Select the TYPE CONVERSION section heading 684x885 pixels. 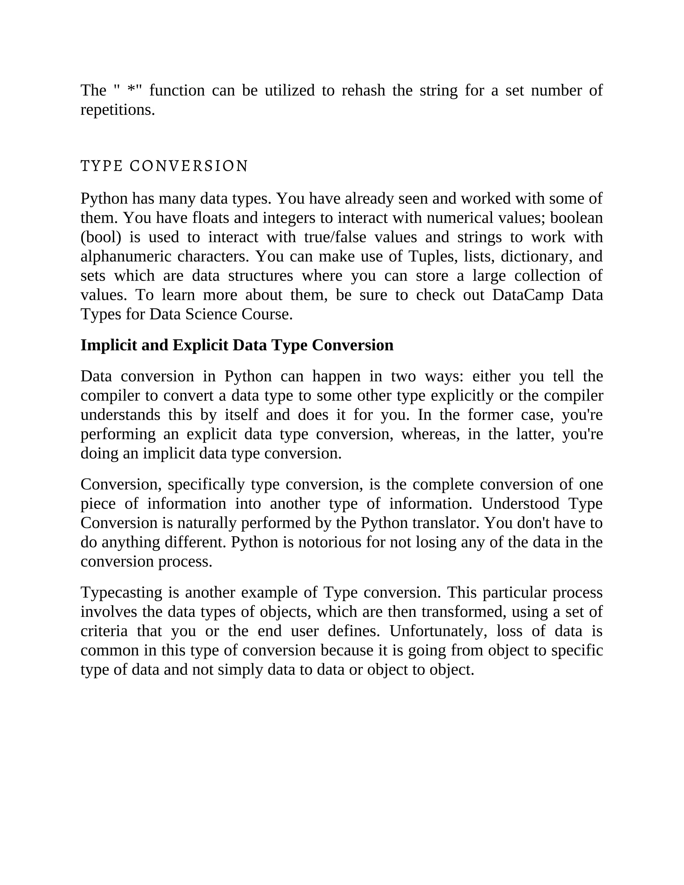[164, 166]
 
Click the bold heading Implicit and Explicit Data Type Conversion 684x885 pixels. [237, 345]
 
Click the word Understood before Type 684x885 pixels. [520, 504]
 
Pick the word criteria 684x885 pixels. [104, 631]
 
